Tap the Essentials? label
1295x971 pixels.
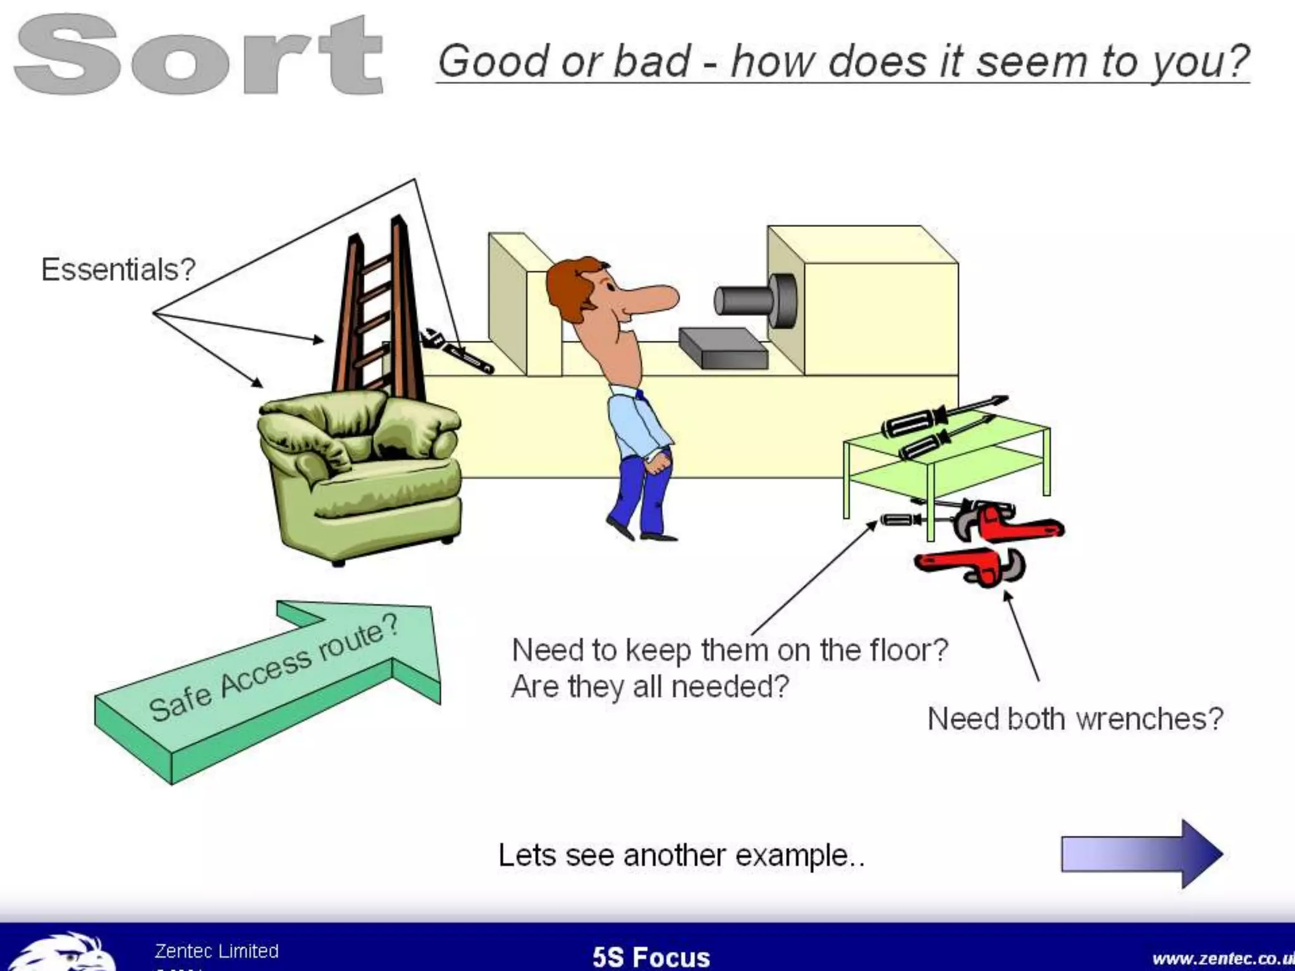click(x=118, y=270)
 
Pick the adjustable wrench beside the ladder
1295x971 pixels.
click(x=458, y=351)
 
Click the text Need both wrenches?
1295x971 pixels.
click(x=1075, y=719)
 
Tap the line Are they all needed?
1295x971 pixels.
click(x=650, y=687)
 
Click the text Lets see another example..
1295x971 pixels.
click(x=681, y=855)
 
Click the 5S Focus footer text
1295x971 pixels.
click(x=651, y=956)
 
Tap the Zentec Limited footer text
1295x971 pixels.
click(x=216, y=951)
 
